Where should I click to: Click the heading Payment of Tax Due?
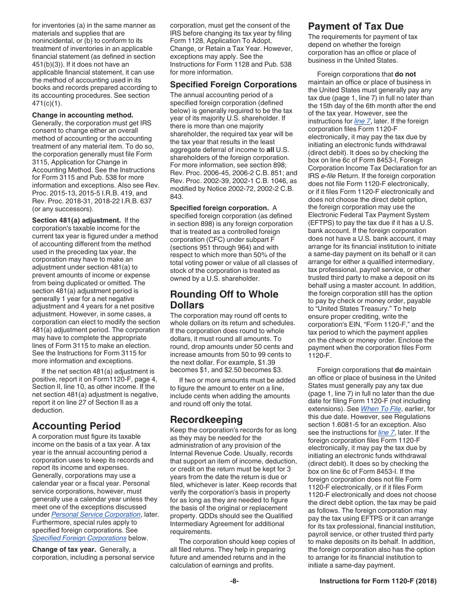coord(355,26)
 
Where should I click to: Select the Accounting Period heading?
coord(76,426)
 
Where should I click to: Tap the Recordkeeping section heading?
coord(206,419)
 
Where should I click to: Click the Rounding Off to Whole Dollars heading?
coord(224,300)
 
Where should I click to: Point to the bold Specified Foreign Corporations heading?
coord(234,84)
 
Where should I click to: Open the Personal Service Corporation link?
coord(96,514)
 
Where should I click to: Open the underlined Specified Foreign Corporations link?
coord(79,538)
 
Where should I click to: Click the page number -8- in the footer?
coord(234,581)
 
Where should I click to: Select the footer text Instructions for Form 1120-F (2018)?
coord(378,581)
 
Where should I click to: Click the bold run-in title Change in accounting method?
coord(82,115)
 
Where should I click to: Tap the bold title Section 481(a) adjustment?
coord(76,220)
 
